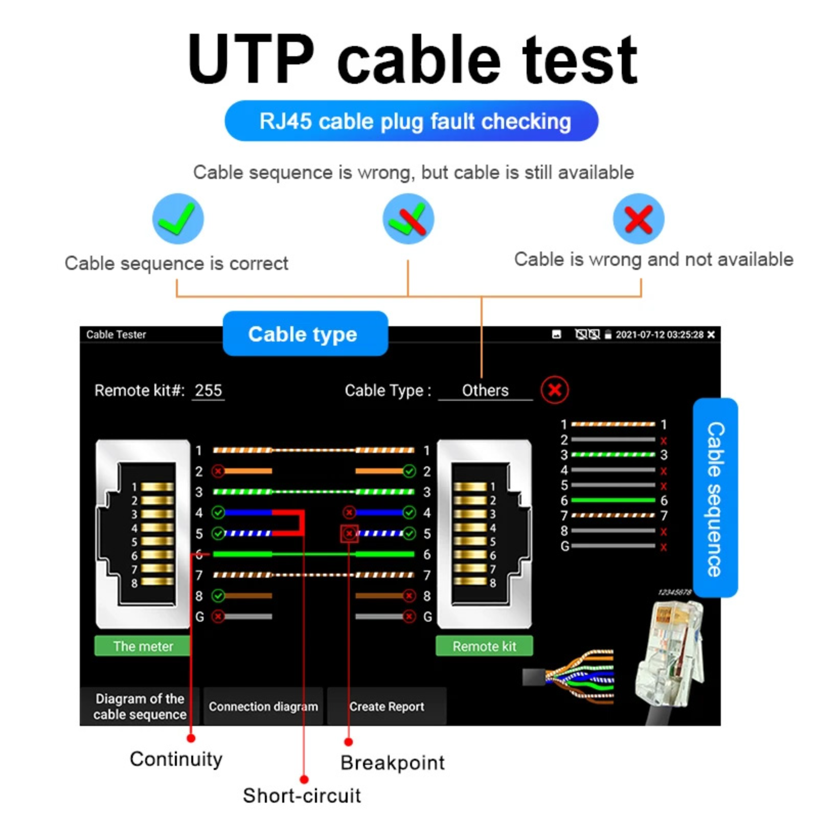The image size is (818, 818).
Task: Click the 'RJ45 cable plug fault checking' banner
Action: point(411,121)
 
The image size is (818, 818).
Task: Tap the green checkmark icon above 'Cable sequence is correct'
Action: point(178,219)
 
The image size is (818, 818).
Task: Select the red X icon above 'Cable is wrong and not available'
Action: point(639,219)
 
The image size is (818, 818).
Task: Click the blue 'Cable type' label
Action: point(305,334)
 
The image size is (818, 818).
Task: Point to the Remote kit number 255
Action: point(208,391)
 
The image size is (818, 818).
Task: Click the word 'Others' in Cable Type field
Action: point(485,391)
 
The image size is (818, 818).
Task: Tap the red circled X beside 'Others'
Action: point(555,390)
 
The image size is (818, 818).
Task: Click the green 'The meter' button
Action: point(143,646)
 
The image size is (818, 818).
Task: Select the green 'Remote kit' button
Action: point(484,646)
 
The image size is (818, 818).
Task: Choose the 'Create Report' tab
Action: point(387,707)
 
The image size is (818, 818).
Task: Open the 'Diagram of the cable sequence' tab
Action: point(140,707)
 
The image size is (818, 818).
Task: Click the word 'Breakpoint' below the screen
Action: point(393,763)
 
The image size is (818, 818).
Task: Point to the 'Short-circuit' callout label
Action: point(302,796)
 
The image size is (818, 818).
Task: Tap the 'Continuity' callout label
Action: point(176,759)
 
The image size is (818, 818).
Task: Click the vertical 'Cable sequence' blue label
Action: point(715,498)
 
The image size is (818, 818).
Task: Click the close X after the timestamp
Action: point(711,334)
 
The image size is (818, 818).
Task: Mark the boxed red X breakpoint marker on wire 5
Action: point(349,534)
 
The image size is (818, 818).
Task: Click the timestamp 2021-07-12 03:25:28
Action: point(659,334)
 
